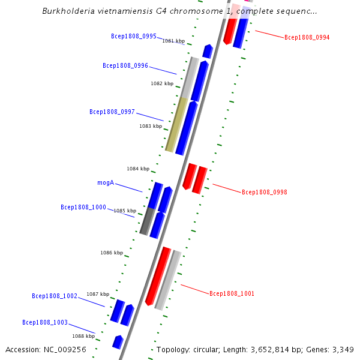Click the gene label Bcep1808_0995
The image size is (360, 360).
click(133, 36)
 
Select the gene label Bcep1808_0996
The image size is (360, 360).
click(125, 65)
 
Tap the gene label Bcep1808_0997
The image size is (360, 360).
click(112, 112)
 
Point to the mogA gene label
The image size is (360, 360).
click(106, 182)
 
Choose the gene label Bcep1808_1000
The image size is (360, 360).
click(83, 207)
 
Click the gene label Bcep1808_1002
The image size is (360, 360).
click(54, 296)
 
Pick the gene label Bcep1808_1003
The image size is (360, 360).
click(44, 322)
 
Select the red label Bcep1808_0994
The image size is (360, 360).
click(307, 37)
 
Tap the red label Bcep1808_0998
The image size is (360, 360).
click(264, 192)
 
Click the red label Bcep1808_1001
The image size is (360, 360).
click(232, 293)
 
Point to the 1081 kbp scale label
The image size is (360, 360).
click(173, 41)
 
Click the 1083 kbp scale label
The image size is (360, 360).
click(151, 126)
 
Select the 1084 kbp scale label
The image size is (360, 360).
click(138, 169)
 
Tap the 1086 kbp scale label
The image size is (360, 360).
click(112, 253)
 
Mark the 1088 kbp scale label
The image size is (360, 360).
click(83, 336)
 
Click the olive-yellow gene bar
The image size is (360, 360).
click(175, 124)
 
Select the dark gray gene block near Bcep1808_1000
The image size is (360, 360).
click(146, 221)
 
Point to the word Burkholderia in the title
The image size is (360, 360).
click(69, 11)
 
